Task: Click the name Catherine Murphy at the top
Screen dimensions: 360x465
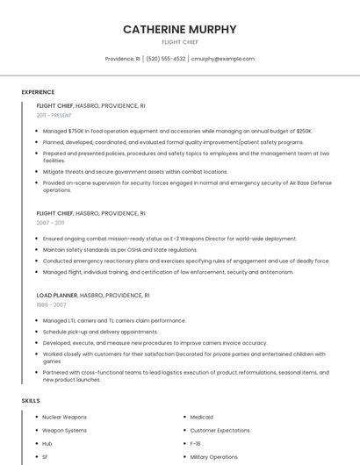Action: coord(179,29)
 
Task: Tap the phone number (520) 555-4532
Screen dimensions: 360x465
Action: coord(166,59)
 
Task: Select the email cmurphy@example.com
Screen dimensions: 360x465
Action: coord(222,59)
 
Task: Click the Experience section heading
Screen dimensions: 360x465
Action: coord(38,92)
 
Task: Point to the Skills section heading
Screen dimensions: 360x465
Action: coord(31,400)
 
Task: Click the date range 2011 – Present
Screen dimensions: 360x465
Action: coord(54,115)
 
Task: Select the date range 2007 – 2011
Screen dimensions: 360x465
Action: coord(50,223)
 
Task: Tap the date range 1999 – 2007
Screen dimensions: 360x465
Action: coord(51,305)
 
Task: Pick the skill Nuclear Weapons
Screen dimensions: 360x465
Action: coord(64,418)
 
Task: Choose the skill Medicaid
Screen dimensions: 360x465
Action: coord(202,418)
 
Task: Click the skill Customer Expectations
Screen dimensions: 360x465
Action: coord(220,431)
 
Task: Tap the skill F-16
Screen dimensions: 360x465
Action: coord(196,444)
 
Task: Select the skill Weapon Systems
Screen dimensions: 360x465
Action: coord(64,431)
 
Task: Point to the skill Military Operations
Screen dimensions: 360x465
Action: coord(213,457)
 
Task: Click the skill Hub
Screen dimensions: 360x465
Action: coord(47,444)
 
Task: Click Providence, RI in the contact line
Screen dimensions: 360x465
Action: coord(122,59)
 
